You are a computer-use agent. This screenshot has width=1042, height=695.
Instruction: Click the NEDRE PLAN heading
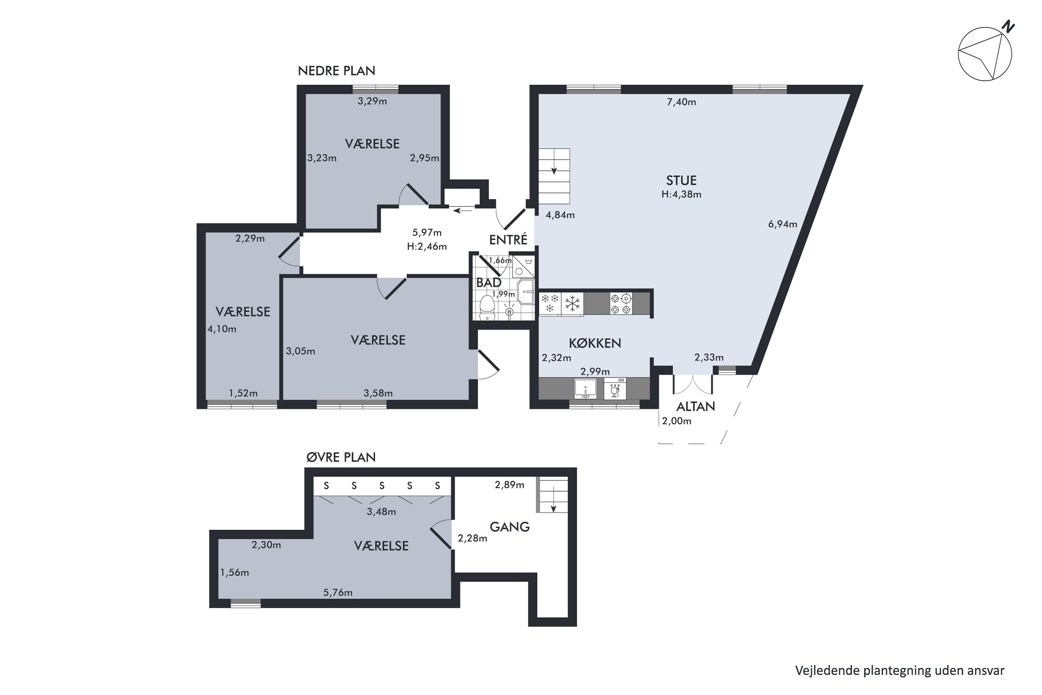336,71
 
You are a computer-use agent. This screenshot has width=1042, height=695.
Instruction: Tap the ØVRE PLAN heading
341,457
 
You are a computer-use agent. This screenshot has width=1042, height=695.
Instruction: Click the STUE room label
681,180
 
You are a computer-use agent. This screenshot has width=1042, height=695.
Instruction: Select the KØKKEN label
595,343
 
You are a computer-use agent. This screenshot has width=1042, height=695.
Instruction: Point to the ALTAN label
696,407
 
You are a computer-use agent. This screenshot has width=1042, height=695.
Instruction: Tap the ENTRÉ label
508,239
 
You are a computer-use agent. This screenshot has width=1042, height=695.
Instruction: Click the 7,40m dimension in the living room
681,102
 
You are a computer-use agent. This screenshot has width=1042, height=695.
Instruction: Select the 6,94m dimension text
783,224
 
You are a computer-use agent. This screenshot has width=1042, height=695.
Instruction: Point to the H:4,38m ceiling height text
681,194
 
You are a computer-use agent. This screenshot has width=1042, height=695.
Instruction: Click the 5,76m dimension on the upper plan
338,592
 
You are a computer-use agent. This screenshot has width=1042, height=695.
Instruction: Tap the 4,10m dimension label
222,329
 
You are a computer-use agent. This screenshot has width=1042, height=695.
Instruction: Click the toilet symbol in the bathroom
487,308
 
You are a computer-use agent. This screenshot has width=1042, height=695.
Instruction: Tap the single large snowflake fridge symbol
572,304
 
